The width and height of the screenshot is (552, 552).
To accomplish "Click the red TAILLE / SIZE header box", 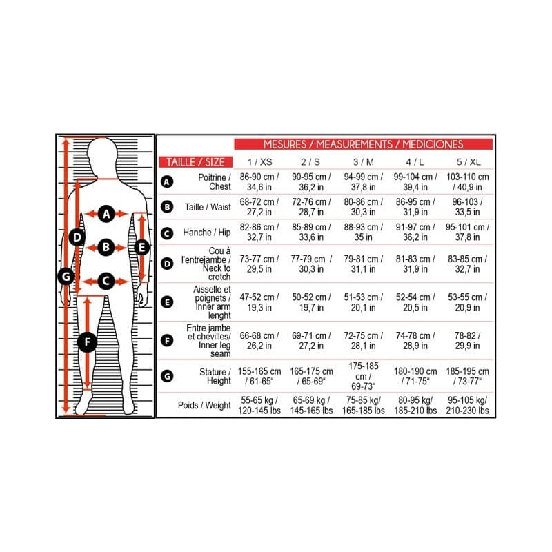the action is pos(195,162).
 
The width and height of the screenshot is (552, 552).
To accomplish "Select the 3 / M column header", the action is pos(364,162).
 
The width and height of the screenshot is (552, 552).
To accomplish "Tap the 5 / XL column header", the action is pos(469,162).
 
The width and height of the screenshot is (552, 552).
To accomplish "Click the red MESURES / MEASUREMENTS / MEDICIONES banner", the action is pos(364,144).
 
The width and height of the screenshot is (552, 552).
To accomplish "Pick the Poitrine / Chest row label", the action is pos(215,182).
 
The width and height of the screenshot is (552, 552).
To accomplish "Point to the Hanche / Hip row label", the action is pos(206,233).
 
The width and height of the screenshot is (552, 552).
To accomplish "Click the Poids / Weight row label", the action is pos(204,405).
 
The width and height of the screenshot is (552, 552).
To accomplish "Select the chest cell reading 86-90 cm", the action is pos(259,182).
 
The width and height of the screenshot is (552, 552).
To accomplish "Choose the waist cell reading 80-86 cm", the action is pos(364,207).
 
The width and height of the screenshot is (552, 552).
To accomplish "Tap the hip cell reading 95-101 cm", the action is pos(468,233).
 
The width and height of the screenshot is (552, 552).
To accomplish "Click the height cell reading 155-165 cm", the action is pos(259,376).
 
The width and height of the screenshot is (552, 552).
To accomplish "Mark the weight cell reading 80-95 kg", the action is pos(415,405).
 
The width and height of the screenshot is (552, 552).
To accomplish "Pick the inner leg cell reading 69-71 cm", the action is pos(311,340).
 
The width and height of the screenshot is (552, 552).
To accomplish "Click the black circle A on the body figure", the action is pos(106,214).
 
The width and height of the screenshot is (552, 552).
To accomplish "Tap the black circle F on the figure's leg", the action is pos(87,342).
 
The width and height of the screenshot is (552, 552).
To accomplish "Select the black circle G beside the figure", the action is pos(66,277).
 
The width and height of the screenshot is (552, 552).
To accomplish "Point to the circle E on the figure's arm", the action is pos(142,247).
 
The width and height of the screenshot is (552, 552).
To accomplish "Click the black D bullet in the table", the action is pos(167,264).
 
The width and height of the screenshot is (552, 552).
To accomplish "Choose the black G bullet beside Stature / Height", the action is pos(167,376).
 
